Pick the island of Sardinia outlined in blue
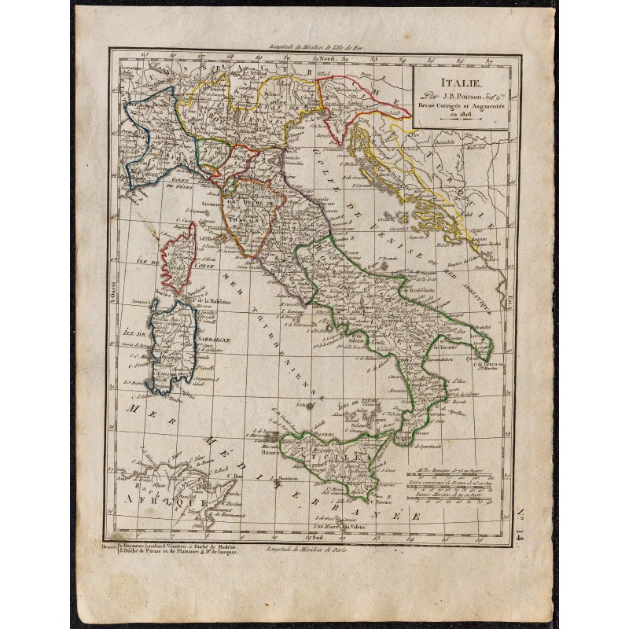[x=169, y=346]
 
